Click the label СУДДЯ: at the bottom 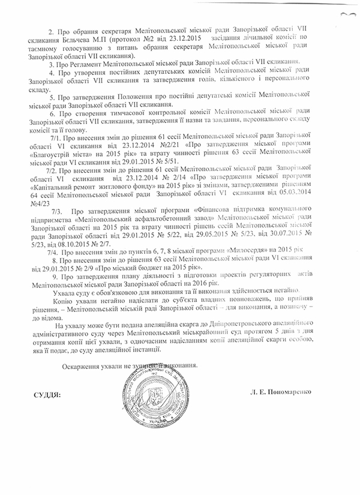[45, 397]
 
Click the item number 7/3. [58, 228]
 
